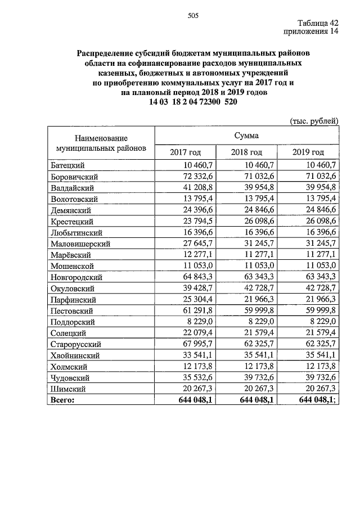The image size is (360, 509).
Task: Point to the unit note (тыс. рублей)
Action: [x=314, y=120]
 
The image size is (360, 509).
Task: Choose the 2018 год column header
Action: [x=246, y=152]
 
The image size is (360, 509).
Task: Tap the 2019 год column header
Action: [x=308, y=152]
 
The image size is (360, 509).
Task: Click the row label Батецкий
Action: [x=67, y=165]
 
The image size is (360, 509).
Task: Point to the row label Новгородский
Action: [x=76, y=277]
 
